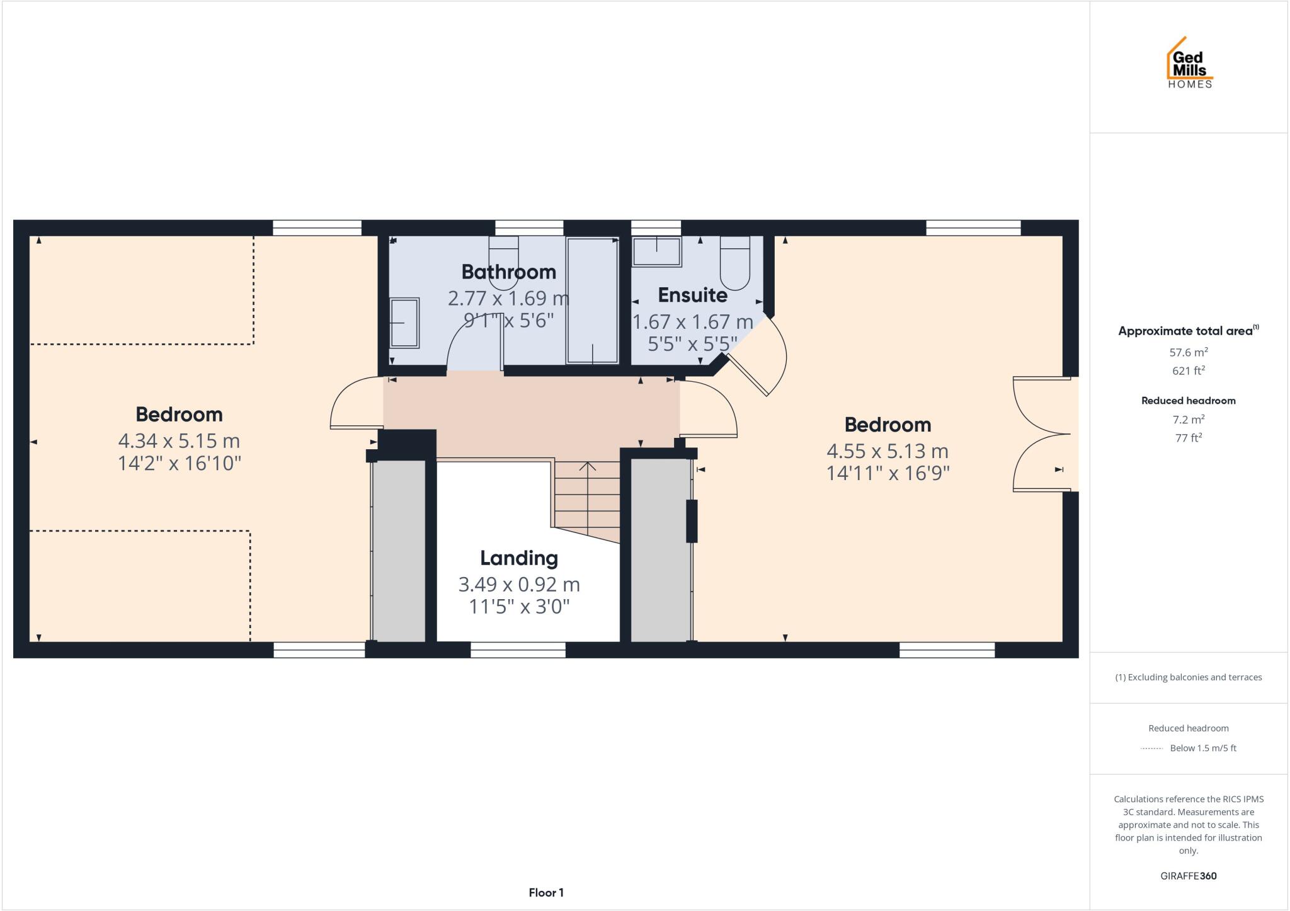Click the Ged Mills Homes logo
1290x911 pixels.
[x=1189, y=64]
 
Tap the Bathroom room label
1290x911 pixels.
[x=508, y=272]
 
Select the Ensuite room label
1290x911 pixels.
[x=692, y=295]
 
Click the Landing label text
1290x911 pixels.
[x=518, y=558]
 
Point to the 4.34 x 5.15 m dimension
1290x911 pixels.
[x=179, y=440]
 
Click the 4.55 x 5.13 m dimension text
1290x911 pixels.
[x=887, y=451]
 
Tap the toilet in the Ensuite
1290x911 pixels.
[x=735, y=261]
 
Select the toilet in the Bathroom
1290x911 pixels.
[x=503, y=261]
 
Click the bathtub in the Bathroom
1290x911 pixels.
[x=592, y=301]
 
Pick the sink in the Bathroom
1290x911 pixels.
[x=404, y=323]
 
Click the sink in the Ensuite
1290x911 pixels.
[x=656, y=251]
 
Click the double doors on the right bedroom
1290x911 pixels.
[x=1042, y=434]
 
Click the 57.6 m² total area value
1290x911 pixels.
[x=1188, y=353]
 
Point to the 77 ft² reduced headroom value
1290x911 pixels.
[x=1188, y=438]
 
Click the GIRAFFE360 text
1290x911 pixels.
[x=1188, y=876]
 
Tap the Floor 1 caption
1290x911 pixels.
[x=545, y=893]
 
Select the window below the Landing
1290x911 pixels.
[x=518, y=650]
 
